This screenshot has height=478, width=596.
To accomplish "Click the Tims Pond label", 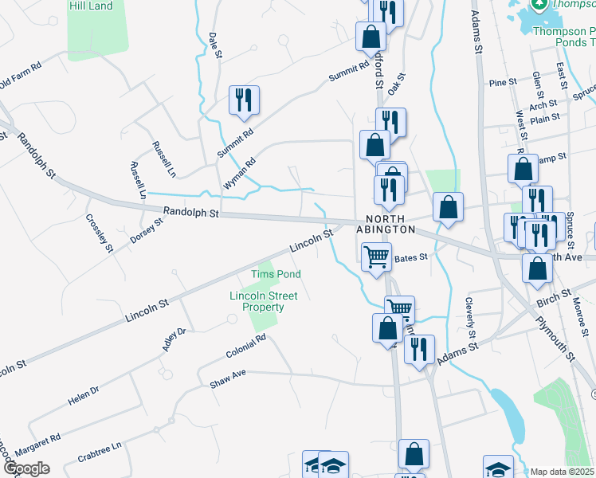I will pos(276,274).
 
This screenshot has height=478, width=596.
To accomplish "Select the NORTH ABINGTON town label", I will pos(390,224).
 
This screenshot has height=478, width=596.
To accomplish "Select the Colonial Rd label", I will pos(245,347).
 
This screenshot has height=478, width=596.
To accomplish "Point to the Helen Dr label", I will pos(83,395).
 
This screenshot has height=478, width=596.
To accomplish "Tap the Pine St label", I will pos(503,82).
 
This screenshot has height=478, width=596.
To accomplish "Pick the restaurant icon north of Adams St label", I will pos(418,349).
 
